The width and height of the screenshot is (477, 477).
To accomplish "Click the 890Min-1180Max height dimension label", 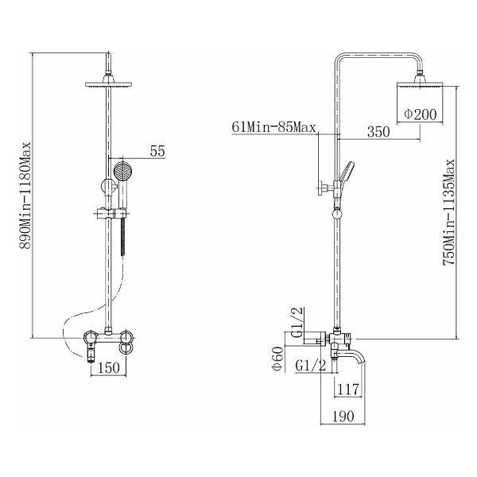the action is pyautogui.click(x=25, y=196).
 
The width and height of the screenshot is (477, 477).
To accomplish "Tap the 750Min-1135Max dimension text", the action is pyautogui.click(x=448, y=212).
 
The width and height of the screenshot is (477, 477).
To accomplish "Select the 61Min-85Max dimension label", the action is pyautogui.click(x=273, y=127).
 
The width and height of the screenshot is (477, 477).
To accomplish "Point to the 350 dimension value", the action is pyautogui.click(x=378, y=132).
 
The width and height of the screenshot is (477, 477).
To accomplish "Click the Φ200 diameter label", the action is pyautogui.click(x=421, y=114).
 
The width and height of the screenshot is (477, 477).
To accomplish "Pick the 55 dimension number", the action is pyautogui.click(x=157, y=151).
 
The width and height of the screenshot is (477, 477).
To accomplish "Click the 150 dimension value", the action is pyautogui.click(x=109, y=368).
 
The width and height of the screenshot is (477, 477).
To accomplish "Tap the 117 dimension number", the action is pyautogui.click(x=348, y=389).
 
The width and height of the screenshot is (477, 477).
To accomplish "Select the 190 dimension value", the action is pyautogui.click(x=343, y=417).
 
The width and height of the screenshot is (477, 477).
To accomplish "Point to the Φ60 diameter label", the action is pyautogui.click(x=278, y=359).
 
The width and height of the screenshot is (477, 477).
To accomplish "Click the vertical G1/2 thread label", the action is pyautogui.click(x=297, y=322).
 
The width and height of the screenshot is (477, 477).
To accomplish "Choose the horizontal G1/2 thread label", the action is pyautogui.click(x=310, y=365).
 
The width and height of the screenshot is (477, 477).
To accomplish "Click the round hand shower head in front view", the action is pyautogui.click(x=122, y=171).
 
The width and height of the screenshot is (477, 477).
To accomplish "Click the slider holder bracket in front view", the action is pyautogui.click(x=111, y=213).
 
